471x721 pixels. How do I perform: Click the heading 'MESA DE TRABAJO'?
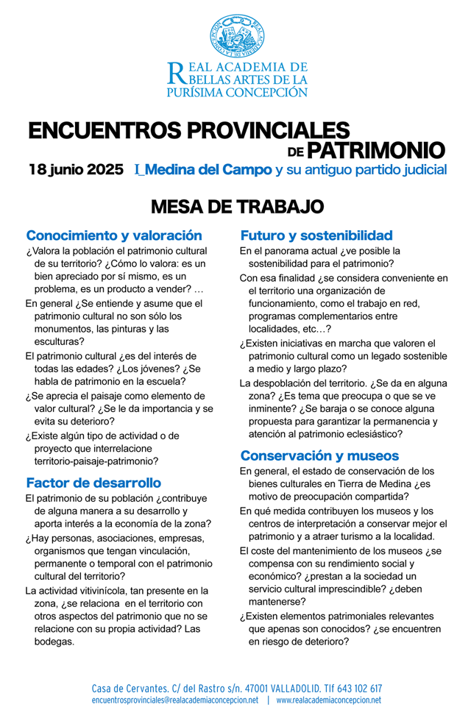click(235, 205)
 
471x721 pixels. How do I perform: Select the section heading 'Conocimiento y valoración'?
click(114, 236)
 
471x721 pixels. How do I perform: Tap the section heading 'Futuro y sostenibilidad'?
click(316, 236)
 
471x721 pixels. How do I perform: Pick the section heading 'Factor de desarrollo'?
click(93, 483)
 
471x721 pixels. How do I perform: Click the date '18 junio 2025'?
click(76, 170)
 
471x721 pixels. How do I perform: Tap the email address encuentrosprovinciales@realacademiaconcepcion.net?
click(174, 700)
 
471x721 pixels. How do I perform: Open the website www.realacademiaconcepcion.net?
click(329, 700)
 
